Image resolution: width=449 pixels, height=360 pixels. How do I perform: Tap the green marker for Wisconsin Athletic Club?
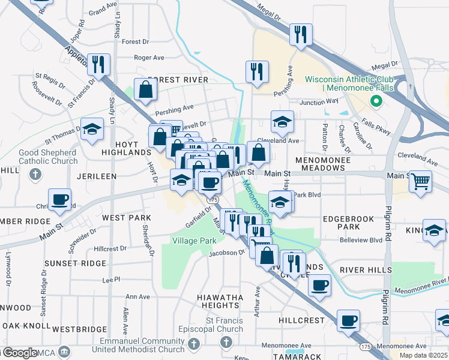(377, 101)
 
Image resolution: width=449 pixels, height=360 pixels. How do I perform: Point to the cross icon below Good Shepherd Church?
(35, 175)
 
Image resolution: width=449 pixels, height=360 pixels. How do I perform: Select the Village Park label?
(194, 241)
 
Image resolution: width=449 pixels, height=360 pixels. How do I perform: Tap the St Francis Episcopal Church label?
(224, 325)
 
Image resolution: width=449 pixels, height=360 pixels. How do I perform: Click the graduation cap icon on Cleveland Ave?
(282, 122)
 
